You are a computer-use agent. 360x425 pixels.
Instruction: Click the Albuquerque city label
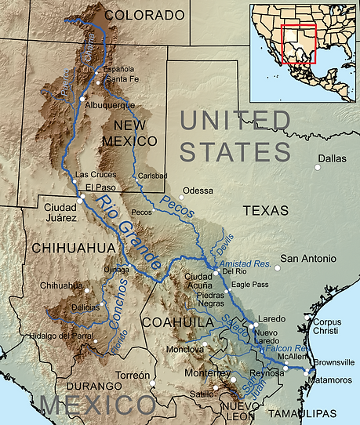coord(111,104)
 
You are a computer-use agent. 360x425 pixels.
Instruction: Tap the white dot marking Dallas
coord(318,167)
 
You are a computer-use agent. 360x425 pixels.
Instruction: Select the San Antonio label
coord(308,258)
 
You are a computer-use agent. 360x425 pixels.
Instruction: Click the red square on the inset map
coord(298,44)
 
